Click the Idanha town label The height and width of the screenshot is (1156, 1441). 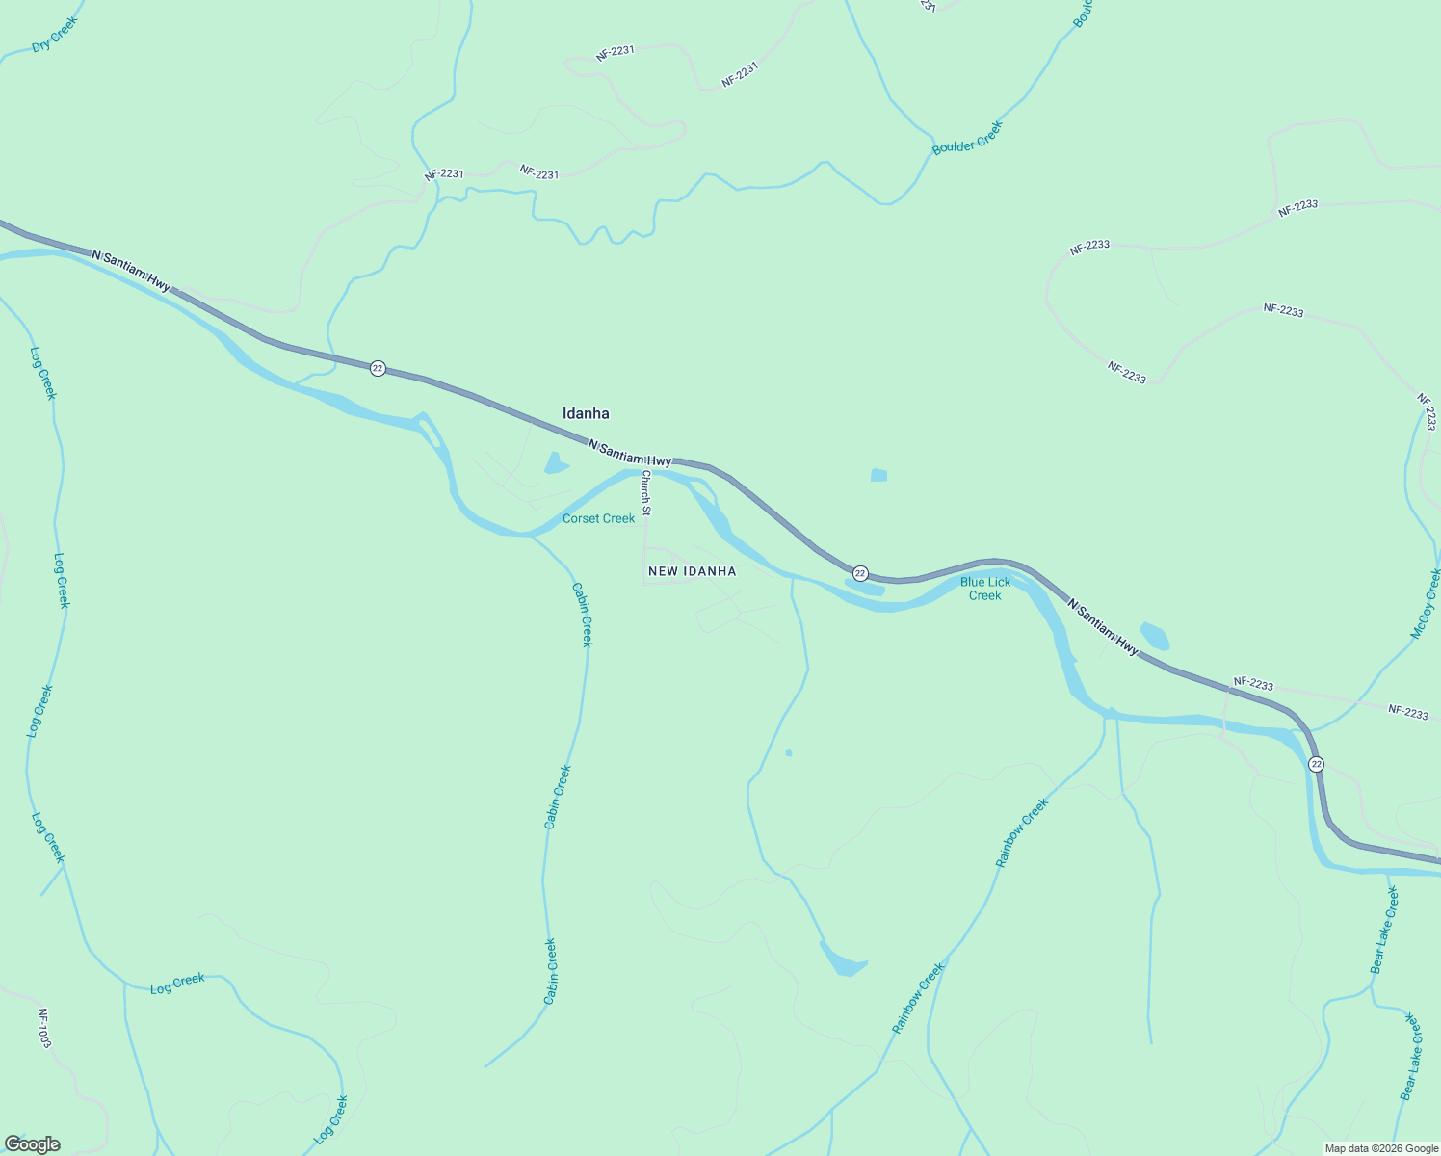pos(586,413)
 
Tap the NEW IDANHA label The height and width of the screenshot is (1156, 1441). pos(692,571)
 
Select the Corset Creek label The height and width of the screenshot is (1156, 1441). pos(598,518)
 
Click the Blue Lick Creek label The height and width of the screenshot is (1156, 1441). pos(985,589)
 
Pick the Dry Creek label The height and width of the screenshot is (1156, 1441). pos(54,35)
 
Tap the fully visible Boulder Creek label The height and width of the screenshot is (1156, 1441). pos(967,138)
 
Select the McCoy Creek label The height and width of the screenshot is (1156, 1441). pos(1426,604)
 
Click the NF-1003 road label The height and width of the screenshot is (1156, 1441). pos(43,1028)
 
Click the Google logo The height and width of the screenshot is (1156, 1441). pos(33,1144)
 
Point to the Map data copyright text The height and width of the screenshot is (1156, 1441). pos(1381,1148)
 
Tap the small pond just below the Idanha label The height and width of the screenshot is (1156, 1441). pos(556,463)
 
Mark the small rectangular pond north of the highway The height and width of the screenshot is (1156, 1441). pos(878,475)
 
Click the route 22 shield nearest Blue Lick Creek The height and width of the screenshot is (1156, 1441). pos(860,573)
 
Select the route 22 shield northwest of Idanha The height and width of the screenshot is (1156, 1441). pos(378,368)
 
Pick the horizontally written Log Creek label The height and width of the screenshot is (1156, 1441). pos(177,984)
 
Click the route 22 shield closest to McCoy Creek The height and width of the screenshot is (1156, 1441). pos(1316,764)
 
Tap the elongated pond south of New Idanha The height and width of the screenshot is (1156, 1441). pos(842,960)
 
